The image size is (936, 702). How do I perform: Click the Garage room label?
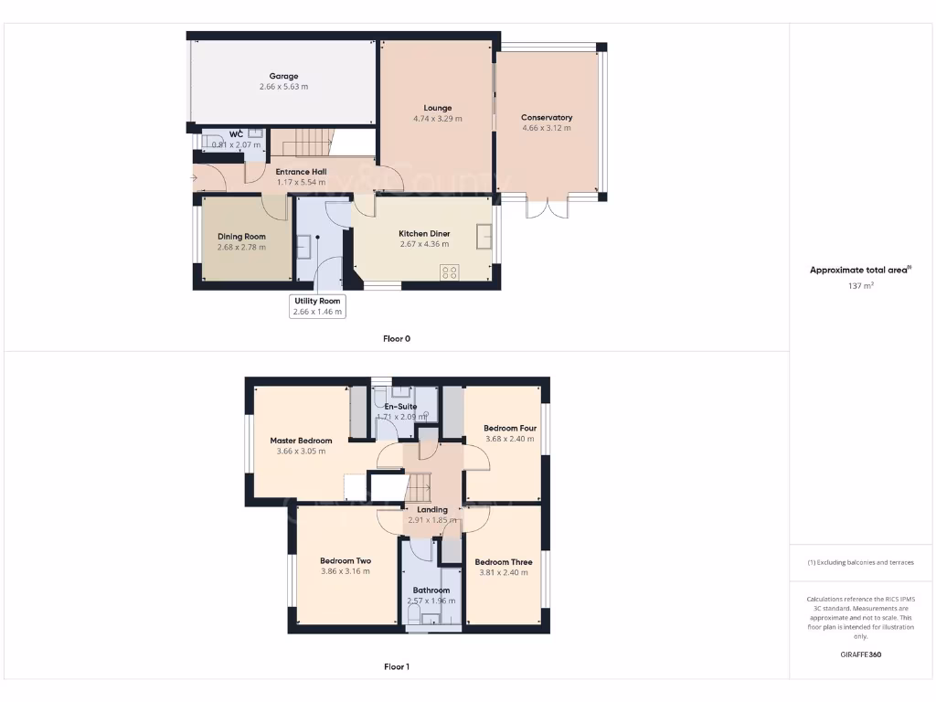(x=283, y=76)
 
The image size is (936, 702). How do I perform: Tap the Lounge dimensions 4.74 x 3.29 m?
(x=437, y=119)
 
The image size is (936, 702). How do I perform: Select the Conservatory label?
(x=547, y=117)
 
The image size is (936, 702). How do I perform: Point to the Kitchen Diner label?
(x=424, y=233)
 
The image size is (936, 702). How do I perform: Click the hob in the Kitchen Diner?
(x=450, y=271)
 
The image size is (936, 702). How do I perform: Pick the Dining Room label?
(x=241, y=236)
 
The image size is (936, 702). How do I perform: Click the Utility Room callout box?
(x=317, y=306)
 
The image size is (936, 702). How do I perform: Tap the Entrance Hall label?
(x=301, y=171)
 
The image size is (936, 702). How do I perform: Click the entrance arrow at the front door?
(x=194, y=177)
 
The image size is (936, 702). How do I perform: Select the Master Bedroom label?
(x=301, y=440)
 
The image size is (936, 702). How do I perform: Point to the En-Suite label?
(x=401, y=406)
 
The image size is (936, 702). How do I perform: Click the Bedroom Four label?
(x=510, y=428)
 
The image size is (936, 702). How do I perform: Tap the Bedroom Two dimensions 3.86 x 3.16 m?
(x=345, y=571)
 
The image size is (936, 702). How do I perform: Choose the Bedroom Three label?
(x=504, y=561)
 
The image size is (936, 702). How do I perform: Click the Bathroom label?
(x=431, y=590)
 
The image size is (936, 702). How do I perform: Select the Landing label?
(x=432, y=509)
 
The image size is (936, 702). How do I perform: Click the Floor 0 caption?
(x=396, y=338)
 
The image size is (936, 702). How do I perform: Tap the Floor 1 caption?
(x=396, y=666)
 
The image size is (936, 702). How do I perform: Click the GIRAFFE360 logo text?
(x=861, y=654)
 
